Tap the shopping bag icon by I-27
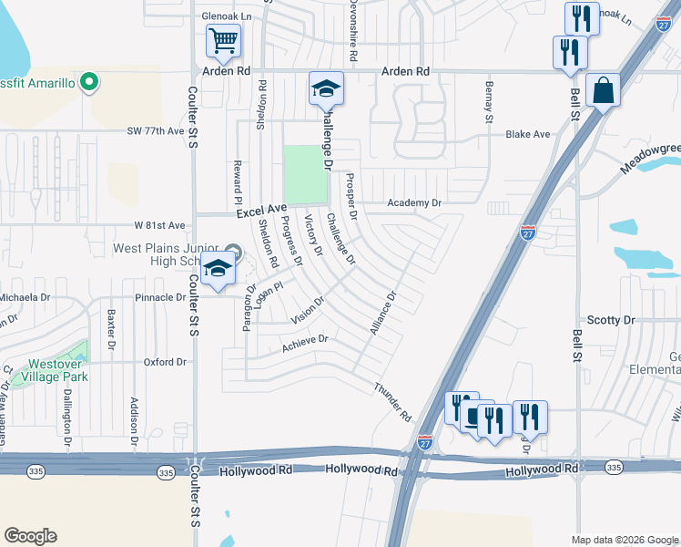coord(604,91)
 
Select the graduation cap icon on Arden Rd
coord(326,89)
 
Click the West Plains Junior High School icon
coord(218,269)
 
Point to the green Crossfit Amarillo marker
coord(88,83)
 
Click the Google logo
coord(30,536)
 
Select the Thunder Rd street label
coord(393,401)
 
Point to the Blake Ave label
coord(528,134)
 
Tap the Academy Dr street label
coord(414,202)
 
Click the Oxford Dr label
coord(165,362)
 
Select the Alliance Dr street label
coord(384,313)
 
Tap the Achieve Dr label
coord(304,342)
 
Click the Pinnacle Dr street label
coord(160,297)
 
